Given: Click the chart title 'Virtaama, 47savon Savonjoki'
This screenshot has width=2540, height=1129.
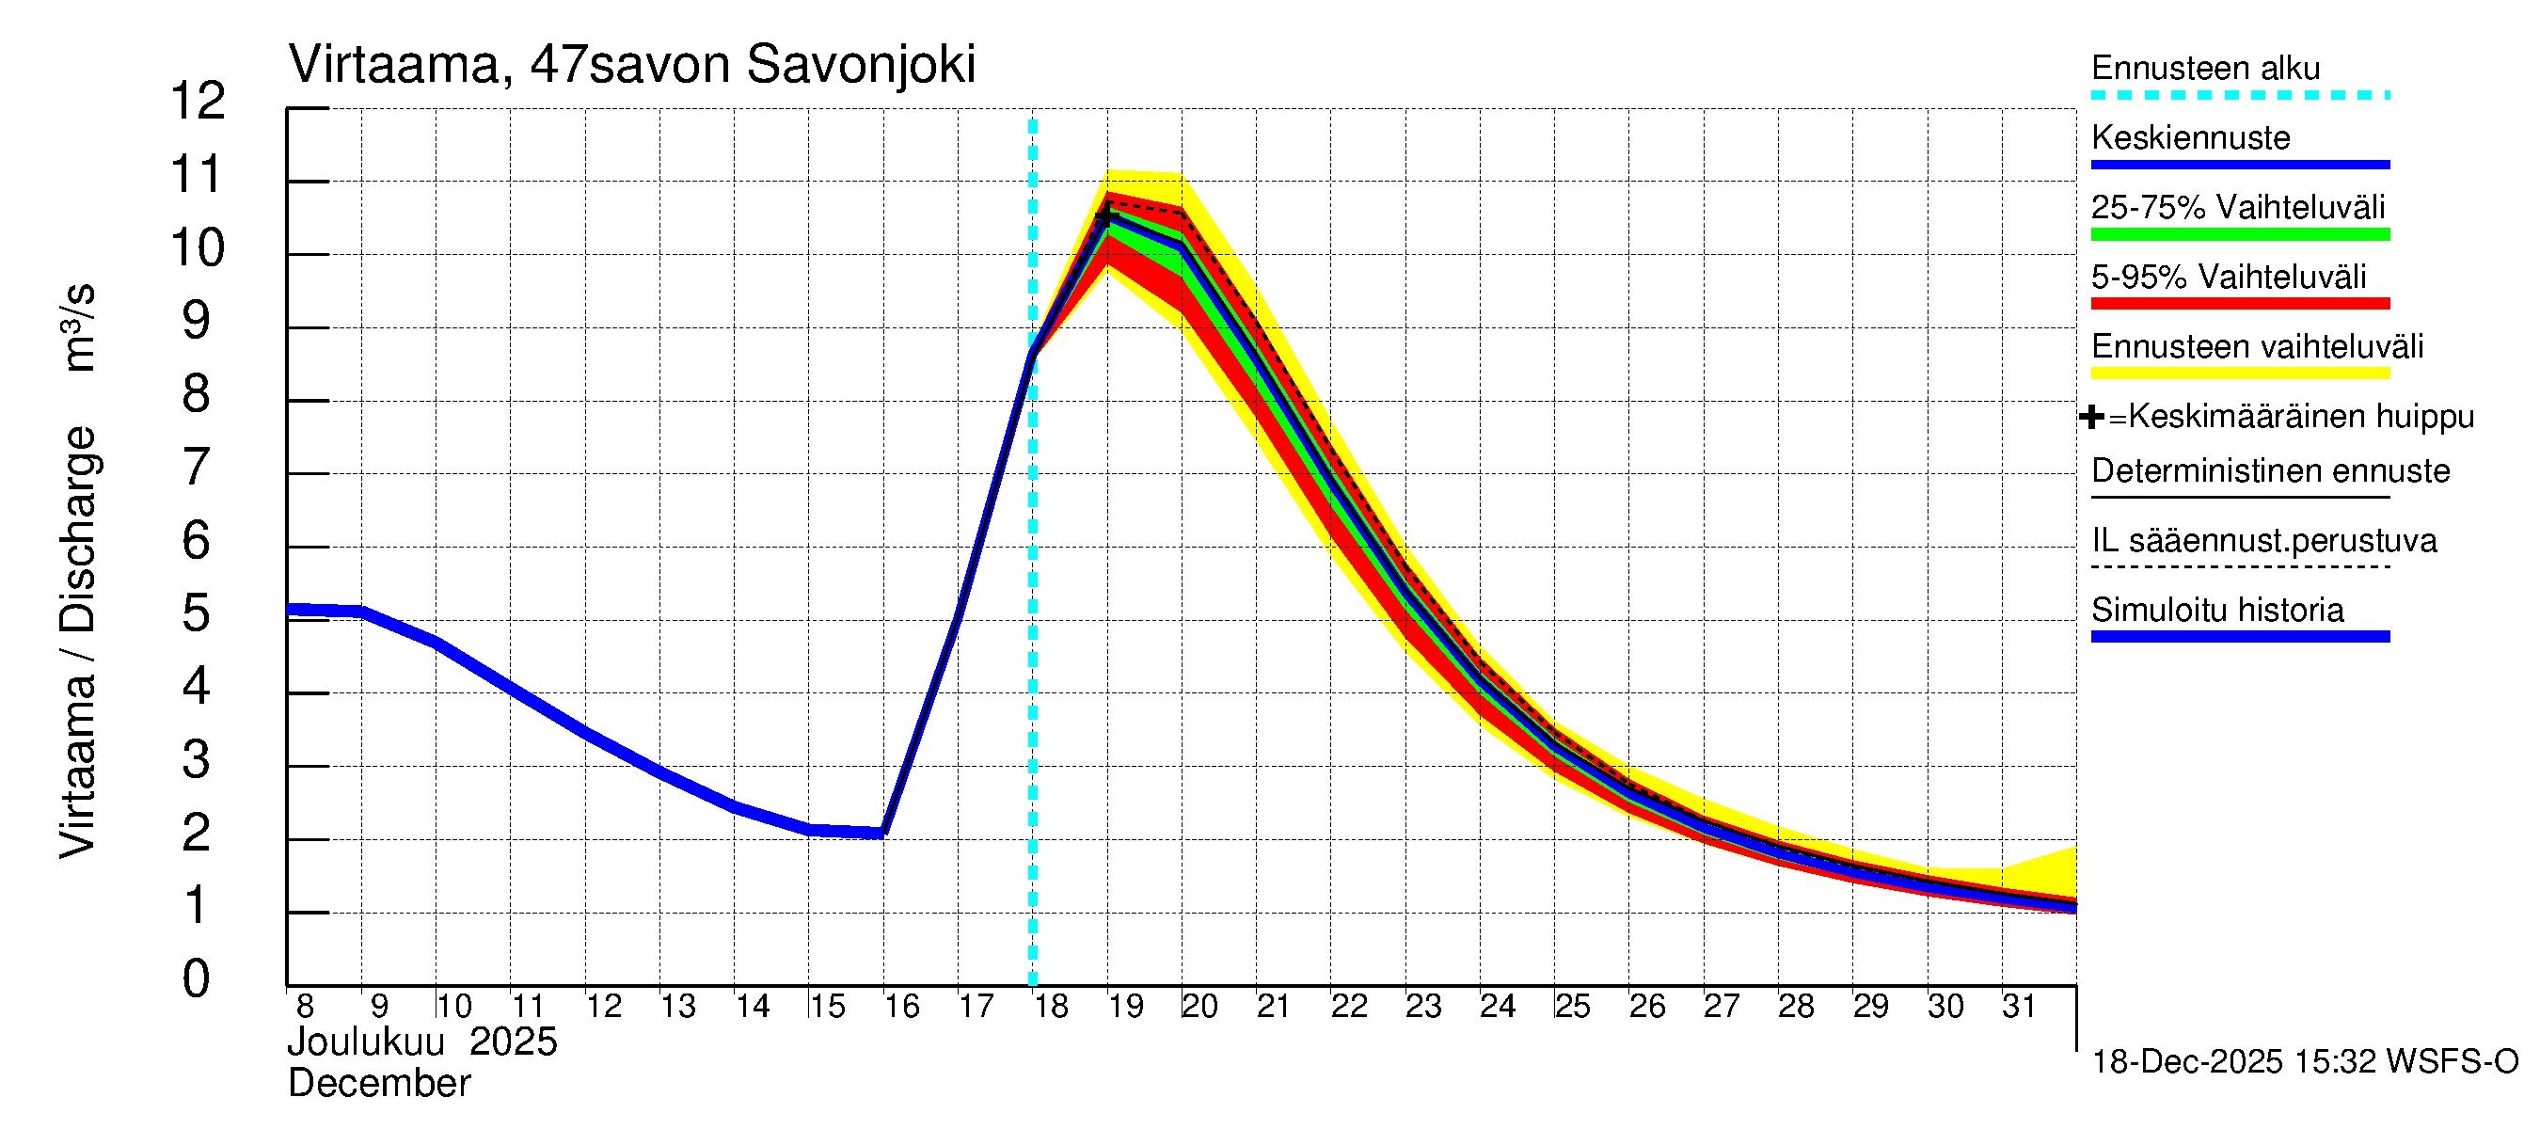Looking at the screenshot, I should coord(631,65).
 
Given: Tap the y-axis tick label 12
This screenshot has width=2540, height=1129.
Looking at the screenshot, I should coord(198,102).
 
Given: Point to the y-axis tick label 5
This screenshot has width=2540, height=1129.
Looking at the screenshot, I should coord(197,614).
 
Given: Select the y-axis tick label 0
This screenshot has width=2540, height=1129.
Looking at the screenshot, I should coord(197,980).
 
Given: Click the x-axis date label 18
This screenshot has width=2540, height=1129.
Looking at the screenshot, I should coord(1051,1007).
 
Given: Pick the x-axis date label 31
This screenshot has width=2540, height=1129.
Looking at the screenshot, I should coord(2020,1007).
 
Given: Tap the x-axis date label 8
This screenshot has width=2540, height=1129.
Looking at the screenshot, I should coord(305,1007).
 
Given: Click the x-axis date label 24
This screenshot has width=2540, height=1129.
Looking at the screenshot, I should coord(1498,1007).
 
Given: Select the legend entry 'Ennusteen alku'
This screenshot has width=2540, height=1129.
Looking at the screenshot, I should coord(2205,69).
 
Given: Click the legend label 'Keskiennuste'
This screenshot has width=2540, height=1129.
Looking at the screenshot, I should coord(2190,138).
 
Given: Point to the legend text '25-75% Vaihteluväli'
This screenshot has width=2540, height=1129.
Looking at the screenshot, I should coord(2237,208).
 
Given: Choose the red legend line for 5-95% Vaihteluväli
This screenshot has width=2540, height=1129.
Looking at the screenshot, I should coord(2239,304).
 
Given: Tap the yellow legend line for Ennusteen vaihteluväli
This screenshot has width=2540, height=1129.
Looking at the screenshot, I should coord(2239,374).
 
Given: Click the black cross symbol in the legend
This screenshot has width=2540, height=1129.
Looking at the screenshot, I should coord(2090,417).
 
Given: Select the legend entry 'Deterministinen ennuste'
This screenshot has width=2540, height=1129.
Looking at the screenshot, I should coord(2270,471).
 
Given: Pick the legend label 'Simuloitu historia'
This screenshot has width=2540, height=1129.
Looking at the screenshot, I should coord(2216,611).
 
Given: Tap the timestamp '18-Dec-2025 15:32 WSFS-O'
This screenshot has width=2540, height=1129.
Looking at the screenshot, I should coord(2304,1062).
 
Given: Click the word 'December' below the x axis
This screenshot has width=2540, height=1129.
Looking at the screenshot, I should coord(378,1084).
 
